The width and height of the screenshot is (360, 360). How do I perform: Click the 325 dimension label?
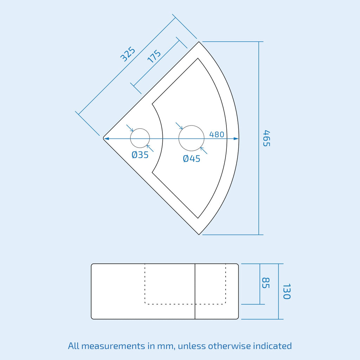tap(128, 54)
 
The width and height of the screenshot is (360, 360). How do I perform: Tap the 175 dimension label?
tap(154, 56)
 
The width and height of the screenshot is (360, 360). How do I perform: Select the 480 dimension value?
tap(217, 134)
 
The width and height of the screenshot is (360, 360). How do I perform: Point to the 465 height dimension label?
tap(266, 138)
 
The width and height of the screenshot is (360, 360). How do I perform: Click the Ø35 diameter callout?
tap(140, 155)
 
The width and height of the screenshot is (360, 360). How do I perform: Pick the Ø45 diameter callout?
tap(192, 159)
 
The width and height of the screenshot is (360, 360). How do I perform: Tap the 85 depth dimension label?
tap(266, 283)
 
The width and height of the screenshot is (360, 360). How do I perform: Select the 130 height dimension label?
tap(287, 291)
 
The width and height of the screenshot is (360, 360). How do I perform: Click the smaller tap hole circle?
tap(140, 129)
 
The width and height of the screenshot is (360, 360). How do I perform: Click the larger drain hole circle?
tap(192, 126)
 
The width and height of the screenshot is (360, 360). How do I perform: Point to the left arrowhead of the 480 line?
tap(106, 139)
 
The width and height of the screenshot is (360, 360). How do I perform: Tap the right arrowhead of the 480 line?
tap(236, 139)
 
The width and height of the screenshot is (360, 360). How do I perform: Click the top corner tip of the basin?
tap(199, 42)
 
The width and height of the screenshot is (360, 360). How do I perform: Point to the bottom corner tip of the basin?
tap(199, 234)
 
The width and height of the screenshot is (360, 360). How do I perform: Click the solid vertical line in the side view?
tap(195, 291)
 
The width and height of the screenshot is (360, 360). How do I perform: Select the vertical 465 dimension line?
tap(259, 138)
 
